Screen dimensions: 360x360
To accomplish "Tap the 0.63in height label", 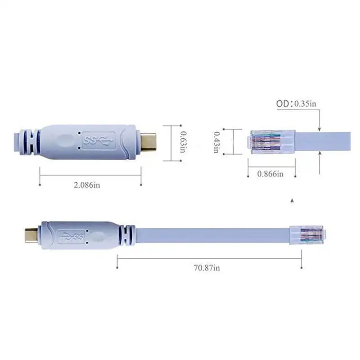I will tap(183, 141).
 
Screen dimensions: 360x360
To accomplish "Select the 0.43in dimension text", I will tap(216, 141).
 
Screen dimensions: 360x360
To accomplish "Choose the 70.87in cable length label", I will tap(207, 268).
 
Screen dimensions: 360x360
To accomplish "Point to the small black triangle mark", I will tap(293, 200).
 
